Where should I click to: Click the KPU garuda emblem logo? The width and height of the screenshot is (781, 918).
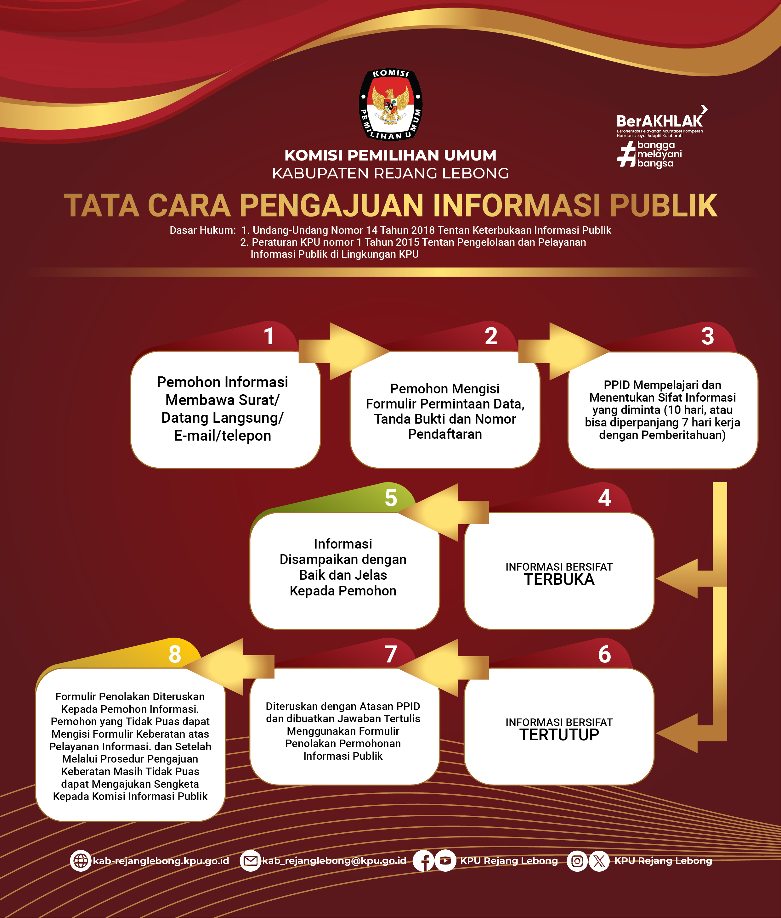(390, 105)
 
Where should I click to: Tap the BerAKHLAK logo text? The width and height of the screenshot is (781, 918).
(659, 121)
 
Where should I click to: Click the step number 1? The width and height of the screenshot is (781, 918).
(269, 336)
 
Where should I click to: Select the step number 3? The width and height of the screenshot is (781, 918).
(707, 336)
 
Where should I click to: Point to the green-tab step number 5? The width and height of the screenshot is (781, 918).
(390, 498)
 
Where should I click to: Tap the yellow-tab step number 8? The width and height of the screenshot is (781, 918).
(175, 654)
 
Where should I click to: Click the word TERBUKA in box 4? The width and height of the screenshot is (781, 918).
(559, 579)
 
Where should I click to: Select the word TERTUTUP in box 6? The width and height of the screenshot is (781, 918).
(559, 735)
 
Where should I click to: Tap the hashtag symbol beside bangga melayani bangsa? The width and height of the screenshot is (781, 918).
(626, 155)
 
